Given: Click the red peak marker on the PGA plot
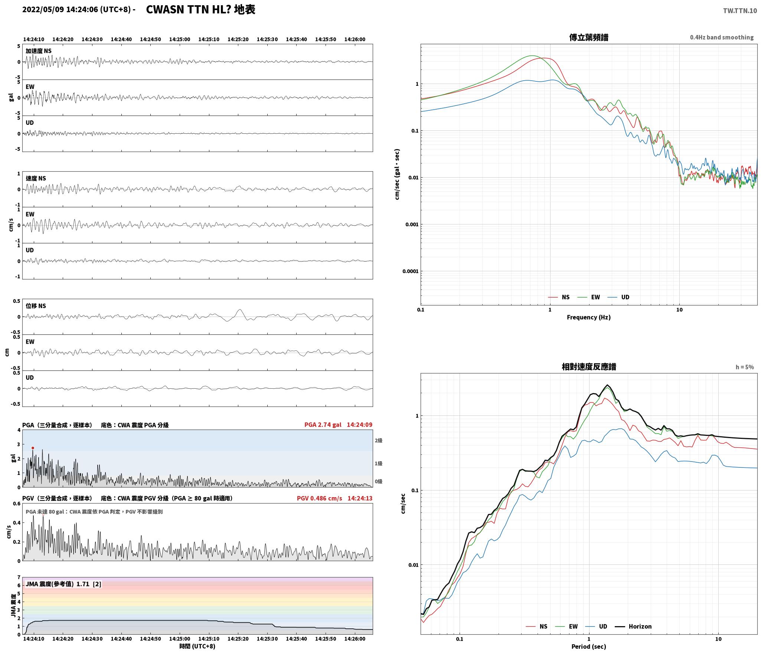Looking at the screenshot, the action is (33, 448).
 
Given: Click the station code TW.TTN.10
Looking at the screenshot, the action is (739, 11).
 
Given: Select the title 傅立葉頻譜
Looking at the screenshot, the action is (588, 38).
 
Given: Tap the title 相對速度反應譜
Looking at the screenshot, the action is (588, 367).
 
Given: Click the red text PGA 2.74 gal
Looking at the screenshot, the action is (323, 425).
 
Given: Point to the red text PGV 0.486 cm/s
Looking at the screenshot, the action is (319, 498).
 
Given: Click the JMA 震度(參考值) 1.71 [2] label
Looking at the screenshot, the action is (63, 584).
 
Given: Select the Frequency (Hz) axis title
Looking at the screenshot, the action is (588, 317).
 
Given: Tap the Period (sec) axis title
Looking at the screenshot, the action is (588, 647).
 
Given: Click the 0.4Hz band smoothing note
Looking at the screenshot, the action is (722, 38).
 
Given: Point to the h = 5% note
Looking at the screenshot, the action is (745, 367).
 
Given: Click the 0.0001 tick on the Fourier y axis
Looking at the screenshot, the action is (410, 271).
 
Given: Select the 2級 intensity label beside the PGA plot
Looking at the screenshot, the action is (378, 441).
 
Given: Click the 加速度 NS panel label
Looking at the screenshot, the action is (39, 51).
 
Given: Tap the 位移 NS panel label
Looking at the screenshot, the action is (36, 306).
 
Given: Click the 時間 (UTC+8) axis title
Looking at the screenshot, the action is (197, 646).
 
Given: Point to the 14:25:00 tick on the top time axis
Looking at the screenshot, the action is (180, 39).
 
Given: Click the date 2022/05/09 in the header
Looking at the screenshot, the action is (43, 10).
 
